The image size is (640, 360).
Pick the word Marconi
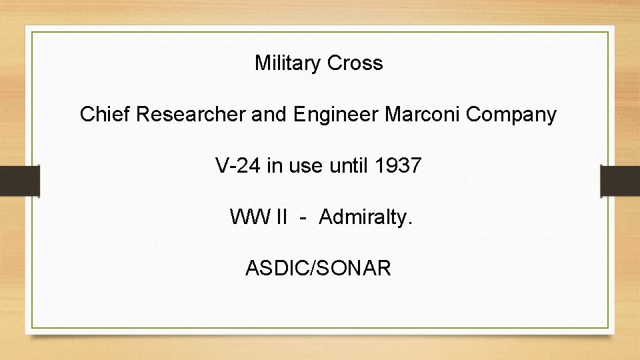click(423, 115)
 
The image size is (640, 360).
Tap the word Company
click(511, 115)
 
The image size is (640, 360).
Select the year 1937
click(398, 165)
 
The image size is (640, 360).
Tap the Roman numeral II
click(281, 217)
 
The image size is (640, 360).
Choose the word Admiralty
click(366, 217)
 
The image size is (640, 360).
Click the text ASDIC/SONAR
click(319, 268)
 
